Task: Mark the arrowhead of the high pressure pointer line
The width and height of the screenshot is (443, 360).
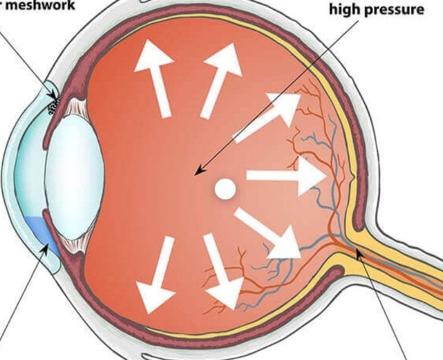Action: [x=197, y=172]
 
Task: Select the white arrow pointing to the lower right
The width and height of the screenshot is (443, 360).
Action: [x=270, y=234]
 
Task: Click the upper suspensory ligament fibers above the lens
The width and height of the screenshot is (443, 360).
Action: [x=76, y=107]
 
